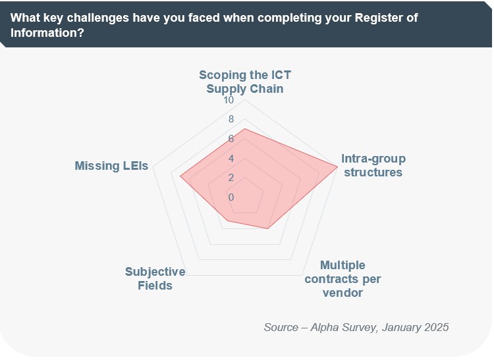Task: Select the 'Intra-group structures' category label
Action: (373, 165)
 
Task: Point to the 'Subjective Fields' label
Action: (155, 279)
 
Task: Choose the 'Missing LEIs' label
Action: (111, 166)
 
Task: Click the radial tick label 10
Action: (228, 101)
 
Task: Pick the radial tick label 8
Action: (231, 120)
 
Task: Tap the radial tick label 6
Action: (231, 139)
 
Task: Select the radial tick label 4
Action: (231, 159)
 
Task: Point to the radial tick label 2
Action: (231, 178)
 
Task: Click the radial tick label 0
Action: (231, 197)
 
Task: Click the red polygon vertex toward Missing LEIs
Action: (180, 176)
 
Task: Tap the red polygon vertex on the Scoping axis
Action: (245, 129)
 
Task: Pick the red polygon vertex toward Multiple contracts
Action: (267, 228)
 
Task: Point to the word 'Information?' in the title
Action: (47, 32)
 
